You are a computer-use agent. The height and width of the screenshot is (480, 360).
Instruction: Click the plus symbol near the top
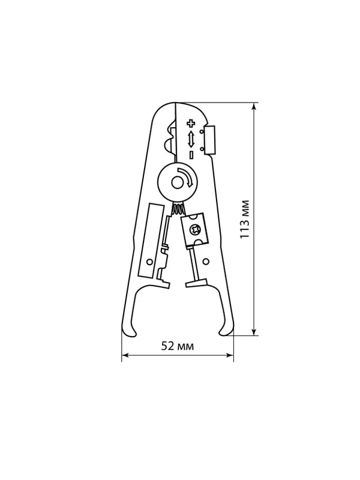click(191, 124)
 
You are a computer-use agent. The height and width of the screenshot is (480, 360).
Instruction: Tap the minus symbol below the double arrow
click(191, 155)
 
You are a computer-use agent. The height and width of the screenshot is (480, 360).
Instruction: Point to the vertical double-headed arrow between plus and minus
click(191, 139)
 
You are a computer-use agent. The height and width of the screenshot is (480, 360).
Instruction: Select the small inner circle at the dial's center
click(177, 183)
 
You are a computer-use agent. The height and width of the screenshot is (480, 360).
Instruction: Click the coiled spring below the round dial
click(178, 209)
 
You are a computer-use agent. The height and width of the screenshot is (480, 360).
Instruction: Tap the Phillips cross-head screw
click(194, 229)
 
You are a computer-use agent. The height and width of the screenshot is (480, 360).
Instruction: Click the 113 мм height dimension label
click(245, 219)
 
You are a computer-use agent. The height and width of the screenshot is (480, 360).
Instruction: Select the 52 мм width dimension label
click(178, 346)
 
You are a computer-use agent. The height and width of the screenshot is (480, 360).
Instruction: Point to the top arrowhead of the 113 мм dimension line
click(254, 106)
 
